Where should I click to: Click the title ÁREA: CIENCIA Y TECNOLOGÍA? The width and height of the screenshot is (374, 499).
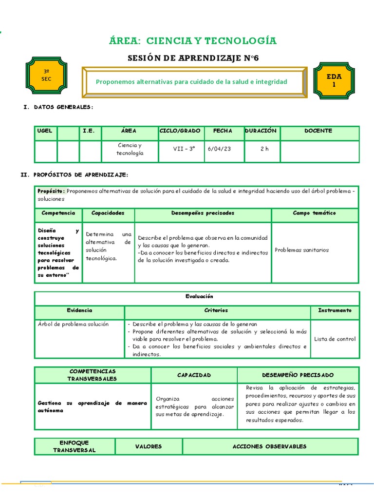pos(193,40)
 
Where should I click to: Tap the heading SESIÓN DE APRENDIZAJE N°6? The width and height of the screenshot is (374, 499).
pos(193,58)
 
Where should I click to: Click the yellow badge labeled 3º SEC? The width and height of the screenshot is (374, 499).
pos(46,75)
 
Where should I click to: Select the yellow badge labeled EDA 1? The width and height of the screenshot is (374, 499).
pos(334,80)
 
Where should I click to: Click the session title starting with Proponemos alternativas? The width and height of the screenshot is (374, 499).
pos(191,81)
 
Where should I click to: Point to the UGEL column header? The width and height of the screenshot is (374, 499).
pos(46,131)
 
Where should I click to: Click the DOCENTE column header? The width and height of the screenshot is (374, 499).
pos(318,131)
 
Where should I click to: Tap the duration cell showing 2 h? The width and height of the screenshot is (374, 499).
pos(264,149)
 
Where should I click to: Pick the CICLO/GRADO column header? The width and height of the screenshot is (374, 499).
pos(180,131)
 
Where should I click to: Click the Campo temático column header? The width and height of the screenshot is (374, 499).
pos(314,213)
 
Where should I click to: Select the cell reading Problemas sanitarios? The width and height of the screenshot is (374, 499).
pos(301,250)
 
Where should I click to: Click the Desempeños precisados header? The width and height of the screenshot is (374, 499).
pos(203,213)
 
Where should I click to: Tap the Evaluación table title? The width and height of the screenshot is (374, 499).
pos(199,296)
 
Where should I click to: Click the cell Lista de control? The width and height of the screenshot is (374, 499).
pos(335,339)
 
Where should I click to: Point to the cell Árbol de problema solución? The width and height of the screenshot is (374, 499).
pos(73,324)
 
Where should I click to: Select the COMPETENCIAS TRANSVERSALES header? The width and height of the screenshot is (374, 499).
pos(92,375)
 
